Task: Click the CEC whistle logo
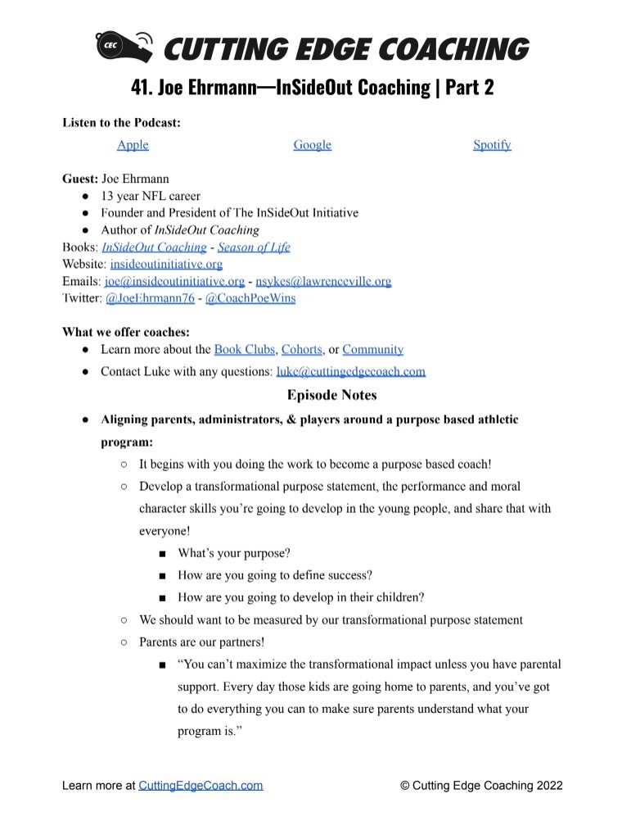pos(123,47)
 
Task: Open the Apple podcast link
pos(133,145)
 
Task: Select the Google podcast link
pos(312,145)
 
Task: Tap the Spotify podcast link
pos(492,145)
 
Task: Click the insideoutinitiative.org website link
pos(166,264)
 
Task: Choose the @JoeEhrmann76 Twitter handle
pos(150,298)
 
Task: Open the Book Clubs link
pos(244,349)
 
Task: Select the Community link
pos(372,349)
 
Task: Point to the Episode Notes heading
pos(331,395)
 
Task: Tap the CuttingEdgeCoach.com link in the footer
pos(201,785)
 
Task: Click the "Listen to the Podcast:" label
pos(121,122)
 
